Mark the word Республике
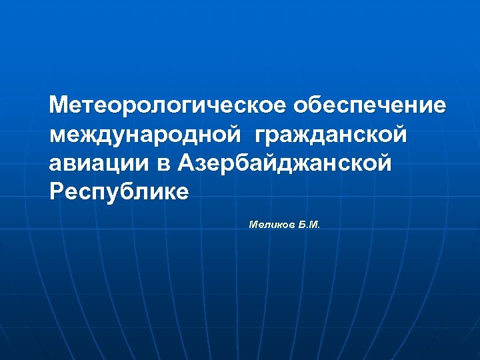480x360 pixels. click(x=119, y=192)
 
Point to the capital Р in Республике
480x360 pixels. click(x=57, y=191)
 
